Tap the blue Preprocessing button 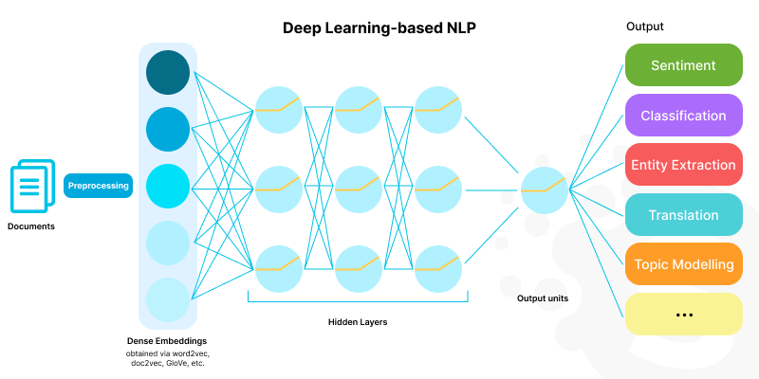[x=97, y=186]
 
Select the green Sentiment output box [x=682, y=66]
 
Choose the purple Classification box [x=682, y=116]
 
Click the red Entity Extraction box [x=682, y=165]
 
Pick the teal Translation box [x=682, y=214]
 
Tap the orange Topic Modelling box [x=682, y=263]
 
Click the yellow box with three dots [x=682, y=313]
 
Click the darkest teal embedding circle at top [x=169, y=73]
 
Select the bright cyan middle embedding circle [x=169, y=187]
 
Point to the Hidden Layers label [x=357, y=322]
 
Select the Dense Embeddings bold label [x=167, y=340]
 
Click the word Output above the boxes [x=645, y=27]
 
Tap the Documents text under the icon [x=31, y=226]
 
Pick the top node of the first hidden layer [x=279, y=110]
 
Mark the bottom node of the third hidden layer [x=438, y=269]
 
